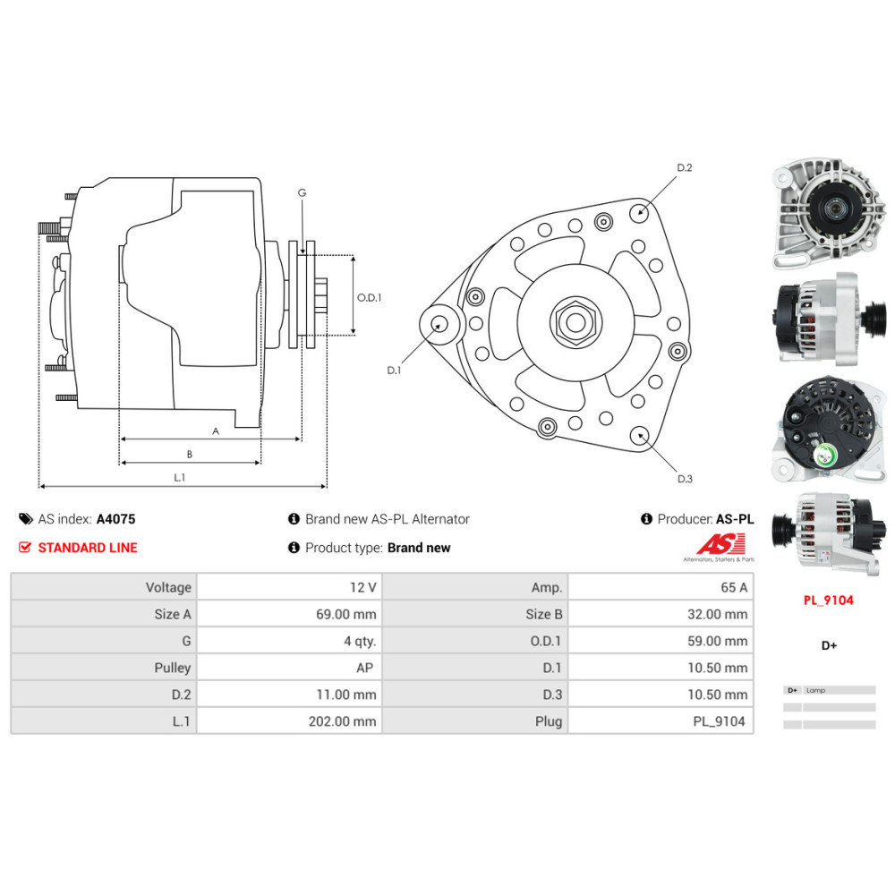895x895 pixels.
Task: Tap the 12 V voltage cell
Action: click(362, 587)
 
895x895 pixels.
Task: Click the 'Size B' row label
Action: click(543, 614)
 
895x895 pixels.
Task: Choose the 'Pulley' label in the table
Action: click(173, 668)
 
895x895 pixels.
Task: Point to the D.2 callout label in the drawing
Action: click(685, 167)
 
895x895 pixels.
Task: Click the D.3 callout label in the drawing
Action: click(685, 479)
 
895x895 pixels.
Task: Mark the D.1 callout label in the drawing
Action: click(395, 370)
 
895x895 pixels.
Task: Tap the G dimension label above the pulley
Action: click(303, 193)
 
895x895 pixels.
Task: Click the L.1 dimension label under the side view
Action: click(180, 478)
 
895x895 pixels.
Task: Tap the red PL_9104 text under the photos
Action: click(828, 601)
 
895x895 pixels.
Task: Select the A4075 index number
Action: click(115, 519)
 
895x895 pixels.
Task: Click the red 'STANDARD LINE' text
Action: click(88, 548)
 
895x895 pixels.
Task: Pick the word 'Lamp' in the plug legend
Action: click(815, 691)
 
